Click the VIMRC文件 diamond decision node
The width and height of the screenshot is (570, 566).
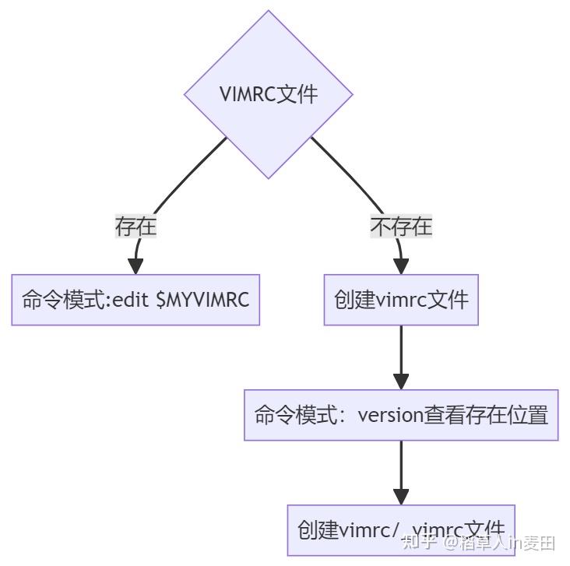(x=268, y=95)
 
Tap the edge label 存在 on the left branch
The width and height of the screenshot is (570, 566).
(x=135, y=227)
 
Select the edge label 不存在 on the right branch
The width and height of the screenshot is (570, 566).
(x=400, y=227)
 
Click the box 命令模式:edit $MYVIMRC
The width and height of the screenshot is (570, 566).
(x=135, y=300)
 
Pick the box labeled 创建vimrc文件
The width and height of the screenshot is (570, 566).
(x=400, y=300)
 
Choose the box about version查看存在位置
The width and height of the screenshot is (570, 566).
(x=400, y=415)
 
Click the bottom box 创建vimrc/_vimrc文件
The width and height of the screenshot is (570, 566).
(x=400, y=530)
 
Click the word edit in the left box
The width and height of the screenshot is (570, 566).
(x=132, y=300)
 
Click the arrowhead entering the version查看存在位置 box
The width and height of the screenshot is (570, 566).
(x=400, y=381)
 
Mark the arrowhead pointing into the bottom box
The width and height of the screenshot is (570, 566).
(x=400, y=497)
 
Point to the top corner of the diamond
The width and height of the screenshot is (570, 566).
(x=268, y=12)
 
